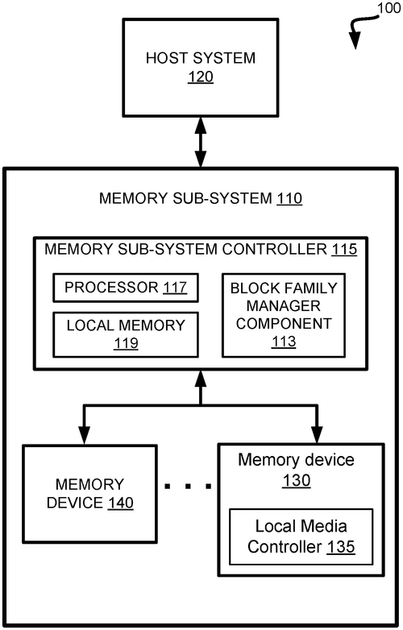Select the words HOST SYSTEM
[x=200, y=58]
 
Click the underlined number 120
[x=200, y=78]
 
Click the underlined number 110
[x=289, y=197]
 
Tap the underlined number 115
[x=344, y=249]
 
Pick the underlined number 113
[x=284, y=342]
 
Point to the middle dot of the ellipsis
[x=188, y=486]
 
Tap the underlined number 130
[x=296, y=481]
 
